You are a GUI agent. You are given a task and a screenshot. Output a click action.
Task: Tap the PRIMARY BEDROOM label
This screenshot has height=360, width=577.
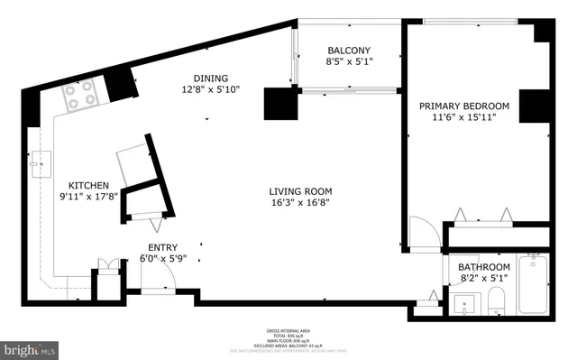[x=464, y=106]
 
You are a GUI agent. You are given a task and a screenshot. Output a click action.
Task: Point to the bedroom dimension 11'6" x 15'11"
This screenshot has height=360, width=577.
[x=464, y=117]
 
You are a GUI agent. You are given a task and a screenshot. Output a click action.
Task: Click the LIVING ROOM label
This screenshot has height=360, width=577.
[x=300, y=191]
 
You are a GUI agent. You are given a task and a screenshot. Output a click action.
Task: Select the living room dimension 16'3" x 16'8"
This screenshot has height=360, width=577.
[x=300, y=203]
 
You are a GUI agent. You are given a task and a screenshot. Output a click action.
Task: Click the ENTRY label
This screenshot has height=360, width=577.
[x=162, y=247]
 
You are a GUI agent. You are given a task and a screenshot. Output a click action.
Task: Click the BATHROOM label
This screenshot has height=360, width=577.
[x=484, y=268]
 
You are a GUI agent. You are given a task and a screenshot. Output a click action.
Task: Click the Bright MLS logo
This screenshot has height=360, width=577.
[x=30, y=346]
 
